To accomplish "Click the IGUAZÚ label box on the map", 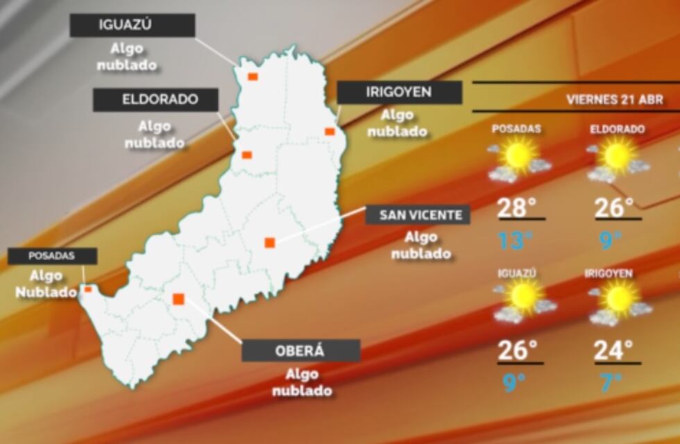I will click(x=133, y=26).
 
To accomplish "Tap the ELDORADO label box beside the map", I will click(x=155, y=99).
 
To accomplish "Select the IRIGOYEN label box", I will click(x=399, y=92).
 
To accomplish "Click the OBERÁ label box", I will click(x=300, y=350).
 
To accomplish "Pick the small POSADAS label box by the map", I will click(x=51, y=256).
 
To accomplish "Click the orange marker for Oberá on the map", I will click(x=178, y=299).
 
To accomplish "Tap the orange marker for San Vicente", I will click(x=270, y=242).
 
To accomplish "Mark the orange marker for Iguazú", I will click(x=253, y=76).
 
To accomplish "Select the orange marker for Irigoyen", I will click(x=330, y=131).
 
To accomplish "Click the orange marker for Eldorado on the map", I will click(x=246, y=155).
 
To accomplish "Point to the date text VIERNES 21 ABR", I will click(x=614, y=100).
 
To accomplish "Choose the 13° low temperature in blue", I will click(x=516, y=240).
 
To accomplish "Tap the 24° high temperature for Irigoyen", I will click(x=613, y=349).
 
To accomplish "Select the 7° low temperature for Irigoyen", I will click(x=611, y=382).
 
